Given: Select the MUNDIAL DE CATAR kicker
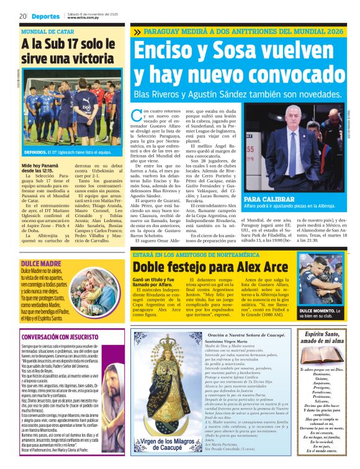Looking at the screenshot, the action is pyautogui.click(x=47, y=31).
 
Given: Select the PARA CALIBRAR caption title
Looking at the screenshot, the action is pyautogui.click(x=271, y=199).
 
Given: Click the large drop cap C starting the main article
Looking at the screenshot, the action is pyautogui.click(x=137, y=115).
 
